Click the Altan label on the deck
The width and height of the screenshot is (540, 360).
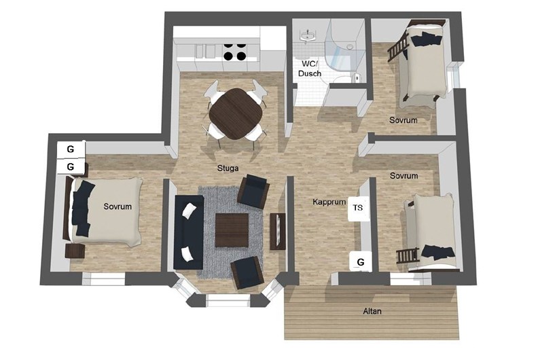(372, 311)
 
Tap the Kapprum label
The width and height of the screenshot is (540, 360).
(329, 202)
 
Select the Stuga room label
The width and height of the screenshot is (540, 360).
(228, 168)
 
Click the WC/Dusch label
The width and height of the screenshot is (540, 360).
(310, 69)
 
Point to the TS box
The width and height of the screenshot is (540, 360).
(358, 208)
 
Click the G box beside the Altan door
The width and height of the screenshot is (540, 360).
(361, 262)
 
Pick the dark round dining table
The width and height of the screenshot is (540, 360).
(236, 113)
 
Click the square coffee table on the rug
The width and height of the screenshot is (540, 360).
(232, 230)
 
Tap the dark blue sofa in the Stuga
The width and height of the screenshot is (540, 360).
(189, 232)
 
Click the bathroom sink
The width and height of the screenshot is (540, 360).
(308, 35)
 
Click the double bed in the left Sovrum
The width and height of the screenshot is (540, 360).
(104, 211)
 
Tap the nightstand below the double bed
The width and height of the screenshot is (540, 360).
(75, 251)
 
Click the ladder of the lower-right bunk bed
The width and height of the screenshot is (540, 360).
(408, 255)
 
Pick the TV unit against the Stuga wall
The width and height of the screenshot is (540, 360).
(278, 231)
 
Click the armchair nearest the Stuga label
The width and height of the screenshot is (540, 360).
(253, 191)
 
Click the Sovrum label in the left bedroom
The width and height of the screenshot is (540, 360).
(118, 206)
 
